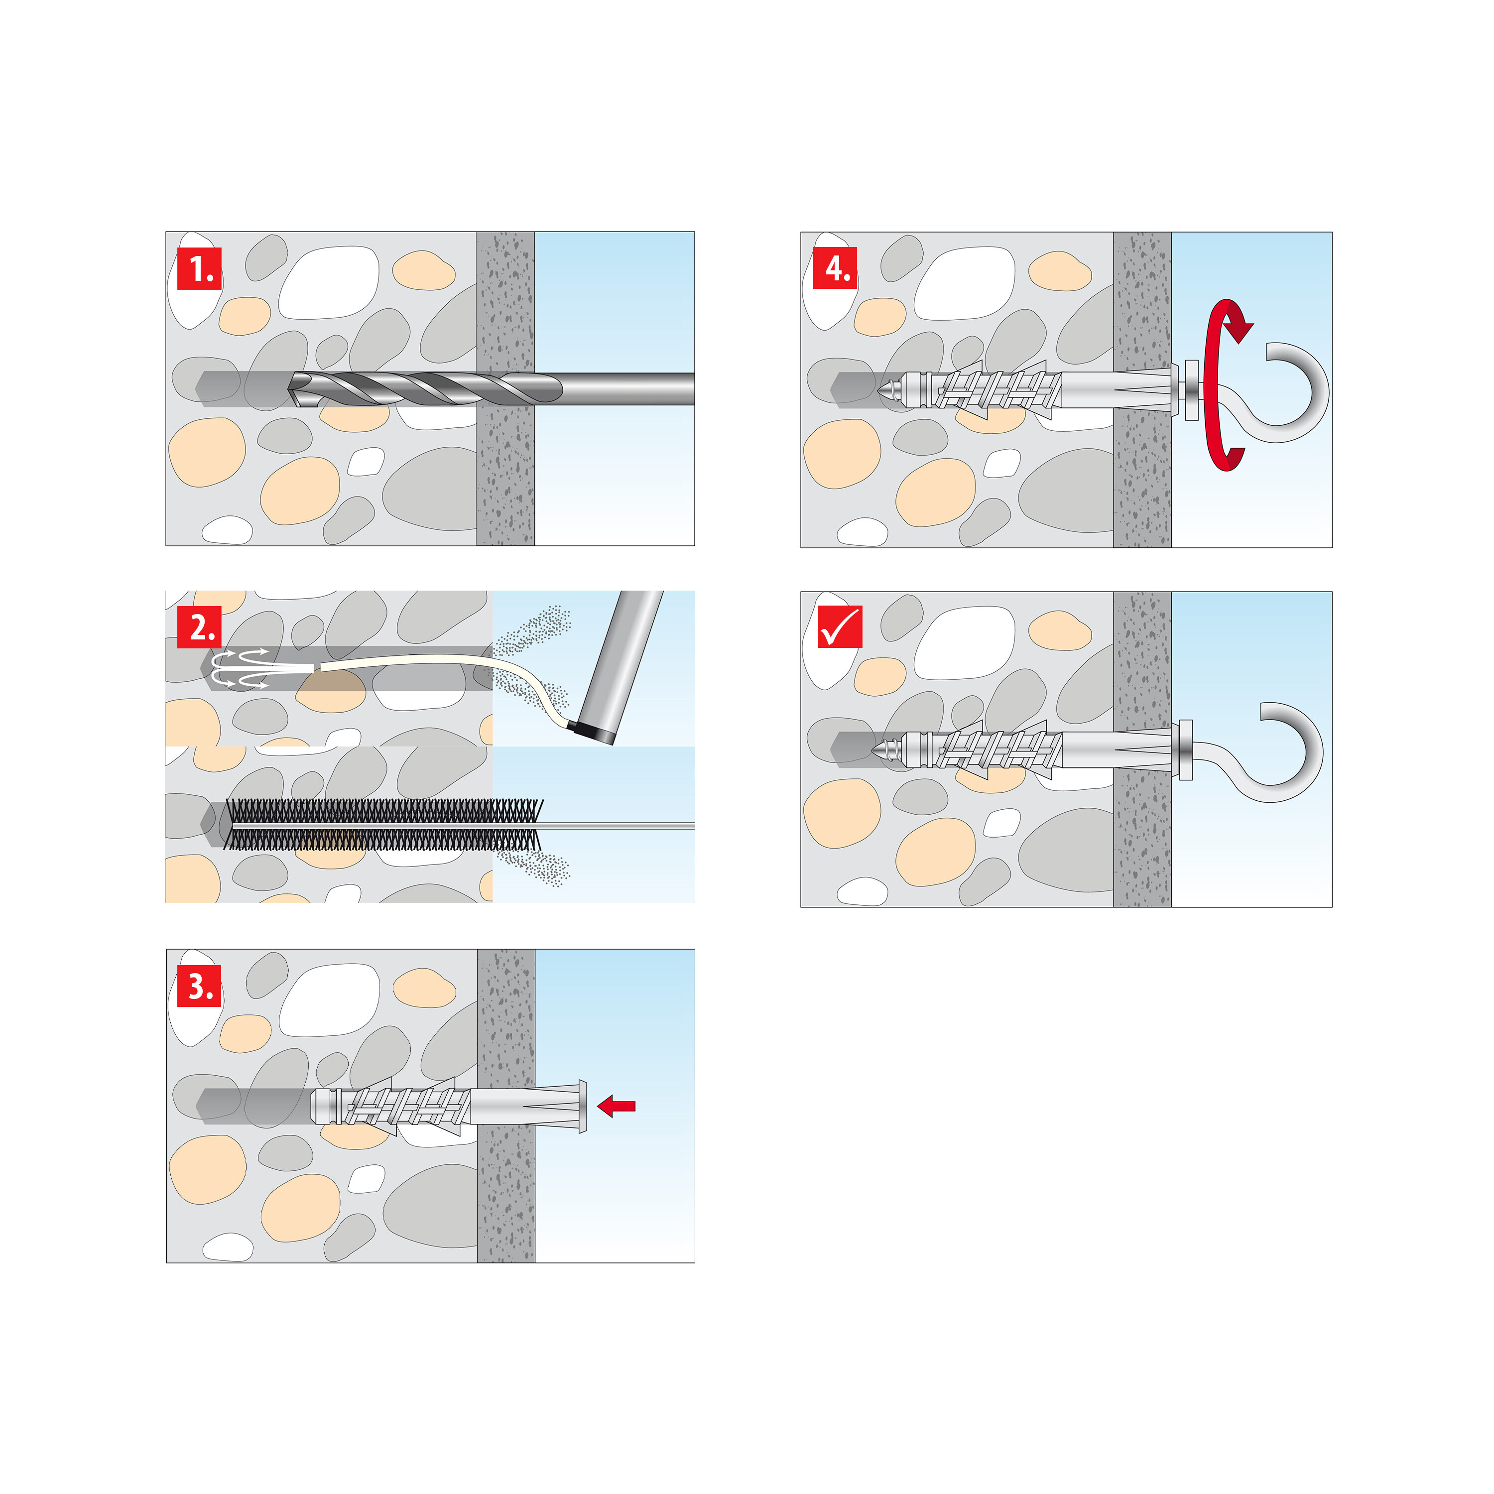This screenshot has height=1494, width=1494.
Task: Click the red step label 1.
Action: tap(200, 268)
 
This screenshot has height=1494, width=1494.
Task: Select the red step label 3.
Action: tap(200, 986)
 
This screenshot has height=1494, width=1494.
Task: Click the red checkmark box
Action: tap(840, 626)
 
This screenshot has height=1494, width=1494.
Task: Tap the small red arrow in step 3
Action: tap(617, 1106)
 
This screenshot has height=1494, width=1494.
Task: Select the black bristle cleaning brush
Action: tap(383, 824)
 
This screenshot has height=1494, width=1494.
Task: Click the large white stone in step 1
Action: tap(329, 282)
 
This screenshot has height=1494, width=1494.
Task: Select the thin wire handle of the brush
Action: tap(619, 826)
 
